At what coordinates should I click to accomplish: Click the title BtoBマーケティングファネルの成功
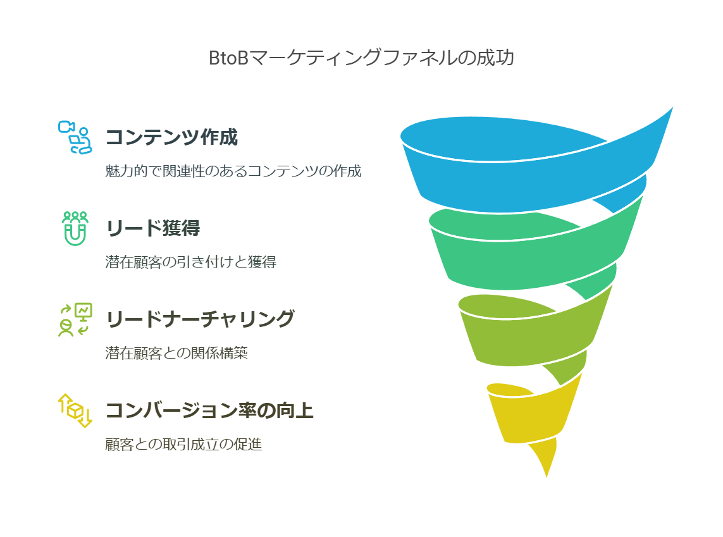(362, 58)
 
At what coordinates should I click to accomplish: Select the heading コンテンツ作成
(171, 137)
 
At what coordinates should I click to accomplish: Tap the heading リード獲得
(153, 228)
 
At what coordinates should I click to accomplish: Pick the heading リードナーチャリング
(200, 319)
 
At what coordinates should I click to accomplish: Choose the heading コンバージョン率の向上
(210, 410)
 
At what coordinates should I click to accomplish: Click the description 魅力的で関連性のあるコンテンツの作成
(233, 171)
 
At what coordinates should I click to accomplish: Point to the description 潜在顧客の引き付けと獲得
(191, 262)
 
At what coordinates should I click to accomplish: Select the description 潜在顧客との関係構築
(176, 353)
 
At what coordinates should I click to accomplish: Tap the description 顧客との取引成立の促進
(183, 444)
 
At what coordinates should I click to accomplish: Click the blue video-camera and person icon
(75, 137)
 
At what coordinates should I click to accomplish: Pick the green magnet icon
(75, 228)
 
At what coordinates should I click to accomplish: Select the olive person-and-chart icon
(75, 319)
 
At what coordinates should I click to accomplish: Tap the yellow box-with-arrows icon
(75, 410)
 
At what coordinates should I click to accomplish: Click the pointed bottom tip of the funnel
(547, 477)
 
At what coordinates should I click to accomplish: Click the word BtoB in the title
(229, 58)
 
